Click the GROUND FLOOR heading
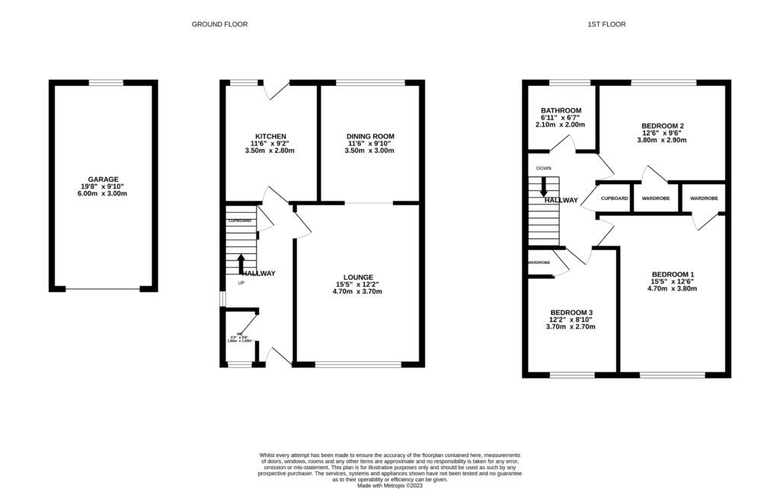click(x=219, y=24)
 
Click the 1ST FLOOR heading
click(x=606, y=24)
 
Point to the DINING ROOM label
click(x=370, y=136)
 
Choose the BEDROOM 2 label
click(x=662, y=125)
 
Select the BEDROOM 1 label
click(x=673, y=274)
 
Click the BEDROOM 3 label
click(x=571, y=313)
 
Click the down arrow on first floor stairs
click(x=543, y=187)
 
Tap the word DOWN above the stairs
click(x=543, y=168)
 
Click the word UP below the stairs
click(x=241, y=283)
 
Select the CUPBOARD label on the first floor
click(x=615, y=198)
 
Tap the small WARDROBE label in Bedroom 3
click(x=539, y=262)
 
